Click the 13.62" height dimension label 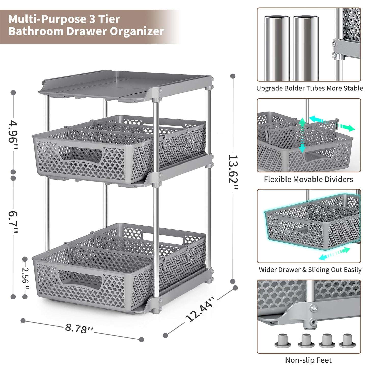233,173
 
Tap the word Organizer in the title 137,32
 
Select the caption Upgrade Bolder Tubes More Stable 309,88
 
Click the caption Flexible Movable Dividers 308,179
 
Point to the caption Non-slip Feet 308,360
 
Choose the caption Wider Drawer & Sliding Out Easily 310,270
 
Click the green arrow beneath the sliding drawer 334,254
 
